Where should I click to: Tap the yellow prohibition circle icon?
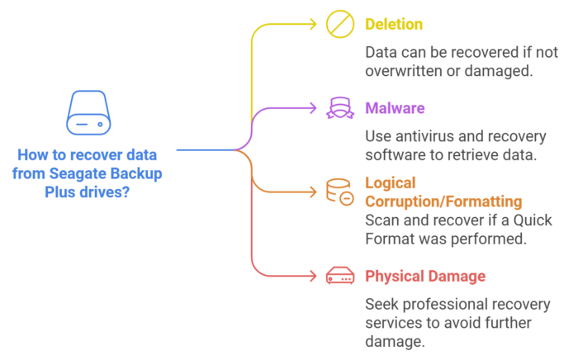pos(339,24)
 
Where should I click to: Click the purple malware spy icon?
pos(339,107)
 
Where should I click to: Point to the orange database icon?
pos(339,191)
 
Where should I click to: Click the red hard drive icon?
pos(339,274)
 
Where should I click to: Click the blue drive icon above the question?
pos(88,116)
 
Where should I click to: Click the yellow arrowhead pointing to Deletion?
pos(314,24)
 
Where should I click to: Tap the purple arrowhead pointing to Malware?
pos(314,107)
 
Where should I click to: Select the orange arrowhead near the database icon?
pos(314,191)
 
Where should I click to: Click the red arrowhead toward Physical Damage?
pos(314,274)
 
